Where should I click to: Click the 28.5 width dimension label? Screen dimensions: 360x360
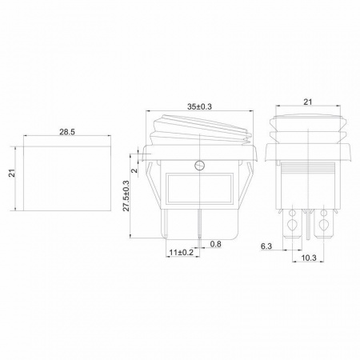coord(67,132)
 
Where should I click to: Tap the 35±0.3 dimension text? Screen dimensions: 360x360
coord(199,106)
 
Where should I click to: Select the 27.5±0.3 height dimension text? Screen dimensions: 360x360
coord(126,196)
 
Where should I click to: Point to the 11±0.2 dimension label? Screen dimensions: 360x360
coord(181,252)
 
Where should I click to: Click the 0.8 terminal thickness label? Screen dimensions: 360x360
coord(215,244)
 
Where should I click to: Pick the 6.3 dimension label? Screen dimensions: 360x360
coord(266,246)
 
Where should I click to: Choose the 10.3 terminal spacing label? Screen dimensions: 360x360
coord(309,258)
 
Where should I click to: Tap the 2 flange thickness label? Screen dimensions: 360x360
coord(135,170)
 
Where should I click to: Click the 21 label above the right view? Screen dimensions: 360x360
coord(308,102)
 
